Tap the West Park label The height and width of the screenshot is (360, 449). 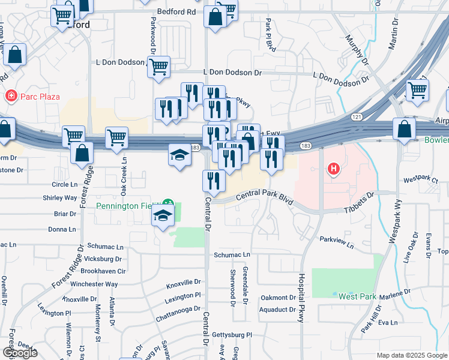click(357, 296)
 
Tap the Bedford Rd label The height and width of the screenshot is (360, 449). click(176, 11)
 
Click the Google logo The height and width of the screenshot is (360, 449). click(20, 353)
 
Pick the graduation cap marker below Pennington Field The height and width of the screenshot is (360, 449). click(162, 217)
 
